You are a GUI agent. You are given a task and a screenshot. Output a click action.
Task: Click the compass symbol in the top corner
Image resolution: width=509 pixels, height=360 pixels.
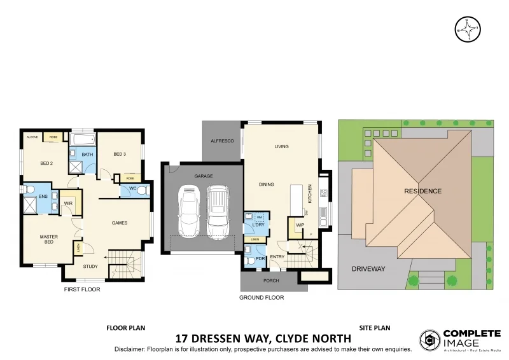(468, 29)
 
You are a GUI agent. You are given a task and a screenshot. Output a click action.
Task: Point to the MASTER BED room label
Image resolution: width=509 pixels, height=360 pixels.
(49, 240)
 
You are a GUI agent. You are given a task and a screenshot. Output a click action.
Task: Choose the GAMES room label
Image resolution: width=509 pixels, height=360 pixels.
(120, 223)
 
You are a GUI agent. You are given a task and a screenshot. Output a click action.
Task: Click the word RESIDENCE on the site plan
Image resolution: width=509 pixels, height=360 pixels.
(422, 191)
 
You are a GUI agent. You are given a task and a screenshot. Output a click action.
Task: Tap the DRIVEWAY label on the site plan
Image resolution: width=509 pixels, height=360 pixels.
(368, 269)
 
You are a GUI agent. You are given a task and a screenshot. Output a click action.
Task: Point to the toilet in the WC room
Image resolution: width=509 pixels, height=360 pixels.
(144, 190)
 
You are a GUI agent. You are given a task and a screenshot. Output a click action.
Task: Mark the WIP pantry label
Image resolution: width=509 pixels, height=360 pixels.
(300, 225)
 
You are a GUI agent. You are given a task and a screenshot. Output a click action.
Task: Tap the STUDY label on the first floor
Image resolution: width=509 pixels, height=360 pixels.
(91, 267)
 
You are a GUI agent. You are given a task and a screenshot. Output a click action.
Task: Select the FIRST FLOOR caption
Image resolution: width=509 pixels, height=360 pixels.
(82, 289)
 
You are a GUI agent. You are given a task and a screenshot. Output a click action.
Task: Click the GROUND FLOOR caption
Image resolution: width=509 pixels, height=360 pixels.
(261, 297)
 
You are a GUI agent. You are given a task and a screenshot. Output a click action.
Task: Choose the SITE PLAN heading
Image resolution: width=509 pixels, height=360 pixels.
(374, 328)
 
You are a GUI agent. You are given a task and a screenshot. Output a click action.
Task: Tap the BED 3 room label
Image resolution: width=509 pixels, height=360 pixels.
(120, 154)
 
